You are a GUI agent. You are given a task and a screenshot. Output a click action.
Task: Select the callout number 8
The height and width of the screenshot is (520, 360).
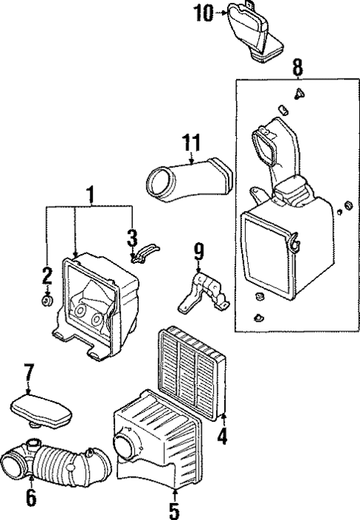coord(297,68)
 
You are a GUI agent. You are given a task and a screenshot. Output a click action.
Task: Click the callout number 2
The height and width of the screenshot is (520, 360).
coord(46,276)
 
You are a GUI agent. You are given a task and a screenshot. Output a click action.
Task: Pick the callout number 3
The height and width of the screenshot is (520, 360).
coord(131,239)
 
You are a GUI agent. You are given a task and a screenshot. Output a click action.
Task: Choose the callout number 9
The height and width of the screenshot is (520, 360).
coord(198,253)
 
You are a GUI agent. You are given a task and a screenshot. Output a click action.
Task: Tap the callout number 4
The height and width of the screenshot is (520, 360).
coord(220,437)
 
